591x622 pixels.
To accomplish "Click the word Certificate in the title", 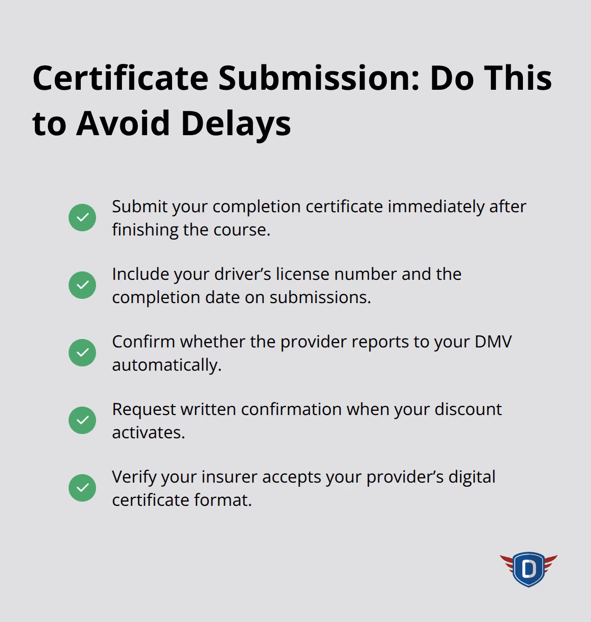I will coord(120,78).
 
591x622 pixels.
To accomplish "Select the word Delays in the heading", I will coord(236,124).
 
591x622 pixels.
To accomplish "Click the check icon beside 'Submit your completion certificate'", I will coord(82,218).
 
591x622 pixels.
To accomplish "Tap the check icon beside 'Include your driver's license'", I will coord(82,285).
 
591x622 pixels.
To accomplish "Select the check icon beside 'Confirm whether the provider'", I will coord(82,353).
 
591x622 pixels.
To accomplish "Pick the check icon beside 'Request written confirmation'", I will coord(82,420).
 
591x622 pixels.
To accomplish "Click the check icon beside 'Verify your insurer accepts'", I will coord(82,488).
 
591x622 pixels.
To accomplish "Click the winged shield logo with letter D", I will coord(528,569).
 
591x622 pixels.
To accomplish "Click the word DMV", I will coord(493,342).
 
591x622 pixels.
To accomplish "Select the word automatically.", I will coord(166,365).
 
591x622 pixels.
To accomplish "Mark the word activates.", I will coord(148,432).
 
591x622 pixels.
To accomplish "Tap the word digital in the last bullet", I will coord(472,477).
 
